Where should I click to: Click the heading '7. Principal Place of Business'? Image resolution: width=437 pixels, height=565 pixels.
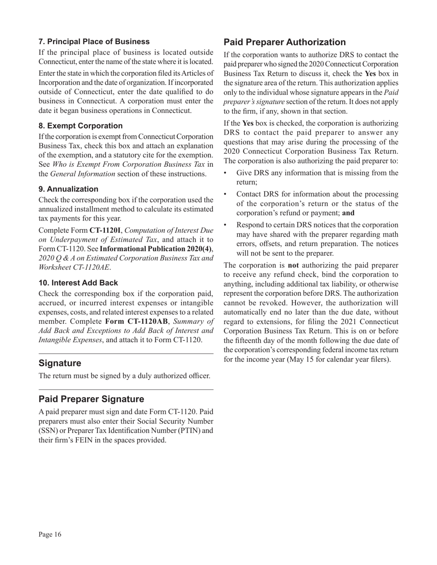pyautogui.click(x=94, y=42)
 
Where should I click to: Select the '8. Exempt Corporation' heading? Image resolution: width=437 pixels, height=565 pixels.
pyautogui.click(x=80, y=126)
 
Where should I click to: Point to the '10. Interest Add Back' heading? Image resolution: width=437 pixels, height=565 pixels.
pyautogui.click(x=78, y=283)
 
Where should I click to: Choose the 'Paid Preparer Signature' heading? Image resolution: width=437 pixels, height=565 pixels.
pyautogui.click(x=91, y=399)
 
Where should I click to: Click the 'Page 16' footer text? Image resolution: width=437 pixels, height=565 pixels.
pyautogui.click(x=50, y=534)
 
